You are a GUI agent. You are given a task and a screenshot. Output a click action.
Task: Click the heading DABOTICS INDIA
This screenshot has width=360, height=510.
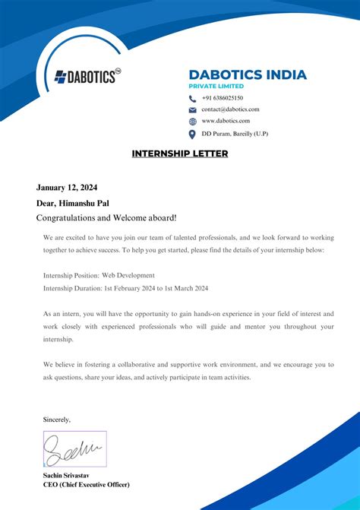pyautogui.click(x=248, y=74)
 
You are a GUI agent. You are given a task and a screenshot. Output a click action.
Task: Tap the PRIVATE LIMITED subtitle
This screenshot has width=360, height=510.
pyautogui.click(x=220, y=87)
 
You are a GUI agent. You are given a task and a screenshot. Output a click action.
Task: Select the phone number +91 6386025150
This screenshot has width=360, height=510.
pyautogui.click(x=223, y=98)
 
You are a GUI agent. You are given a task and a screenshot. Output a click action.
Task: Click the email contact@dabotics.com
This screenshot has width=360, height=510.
pyautogui.click(x=230, y=109)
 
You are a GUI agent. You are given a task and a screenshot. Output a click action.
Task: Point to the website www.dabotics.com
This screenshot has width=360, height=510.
pyautogui.click(x=226, y=121)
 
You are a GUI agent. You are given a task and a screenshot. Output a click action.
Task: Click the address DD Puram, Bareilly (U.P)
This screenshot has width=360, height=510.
pyautogui.click(x=234, y=134)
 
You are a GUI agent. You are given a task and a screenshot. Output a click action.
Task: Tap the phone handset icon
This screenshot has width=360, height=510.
pyautogui.click(x=192, y=98)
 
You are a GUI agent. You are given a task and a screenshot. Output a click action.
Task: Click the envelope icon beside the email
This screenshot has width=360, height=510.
pyautogui.click(x=192, y=109)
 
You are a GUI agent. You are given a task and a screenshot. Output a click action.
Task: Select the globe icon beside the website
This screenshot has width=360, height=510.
pyautogui.click(x=192, y=122)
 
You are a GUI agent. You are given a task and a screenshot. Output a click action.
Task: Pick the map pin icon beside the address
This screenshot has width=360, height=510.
pyautogui.click(x=192, y=135)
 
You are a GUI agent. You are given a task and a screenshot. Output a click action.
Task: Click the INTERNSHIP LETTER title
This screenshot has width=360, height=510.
pyautogui.click(x=180, y=154)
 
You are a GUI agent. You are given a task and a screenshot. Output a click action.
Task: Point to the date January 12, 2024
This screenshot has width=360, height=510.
pyautogui.click(x=67, y=188)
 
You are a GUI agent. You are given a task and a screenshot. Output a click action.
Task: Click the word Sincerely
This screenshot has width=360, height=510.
pyautogui.click(x=57, y=419)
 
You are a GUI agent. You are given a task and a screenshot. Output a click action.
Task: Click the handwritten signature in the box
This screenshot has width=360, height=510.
pyautogui.click(x=74, y=448)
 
